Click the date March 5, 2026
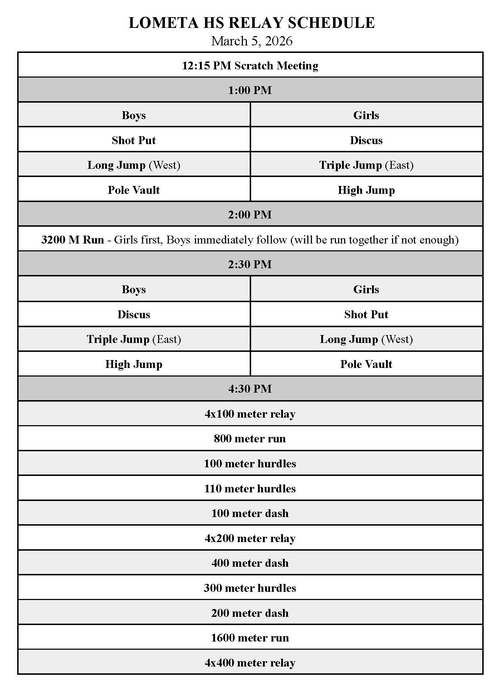(x=251, y=41)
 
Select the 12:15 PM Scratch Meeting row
(x=250, y=66)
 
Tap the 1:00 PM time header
(x=250, y=90)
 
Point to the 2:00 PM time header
(x=250, y=215)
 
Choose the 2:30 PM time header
(x=250, y=264)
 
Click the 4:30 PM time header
(x=250, y=389)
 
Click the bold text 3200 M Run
(x=73, y=240)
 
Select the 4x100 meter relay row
(x=250, y=414)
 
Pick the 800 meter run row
(x=250, y=439)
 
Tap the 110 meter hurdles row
(x=250, y=488)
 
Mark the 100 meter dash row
(x=250, y=513)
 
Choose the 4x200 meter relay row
(x=250, y=538)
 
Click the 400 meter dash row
(x=250, y=563)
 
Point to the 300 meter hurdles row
(x=250, y=588)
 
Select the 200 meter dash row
(x=250, y=613)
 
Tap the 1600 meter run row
(x=250, y=638)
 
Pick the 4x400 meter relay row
(x=250, y=663)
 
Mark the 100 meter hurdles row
(x=250, y=464)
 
